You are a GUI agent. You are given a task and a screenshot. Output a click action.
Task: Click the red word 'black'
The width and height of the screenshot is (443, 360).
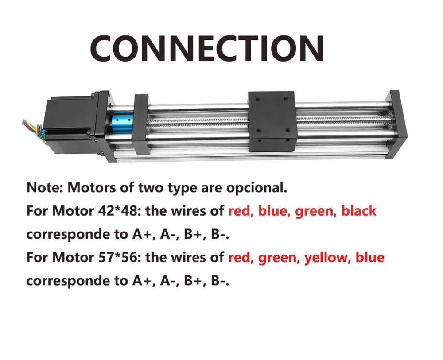358,211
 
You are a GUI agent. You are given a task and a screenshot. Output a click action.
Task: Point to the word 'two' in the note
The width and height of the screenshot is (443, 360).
148,187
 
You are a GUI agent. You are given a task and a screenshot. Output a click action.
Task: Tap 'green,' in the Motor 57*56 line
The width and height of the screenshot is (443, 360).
279,257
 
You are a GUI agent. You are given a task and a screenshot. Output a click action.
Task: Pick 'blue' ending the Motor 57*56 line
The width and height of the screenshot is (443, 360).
369,257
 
